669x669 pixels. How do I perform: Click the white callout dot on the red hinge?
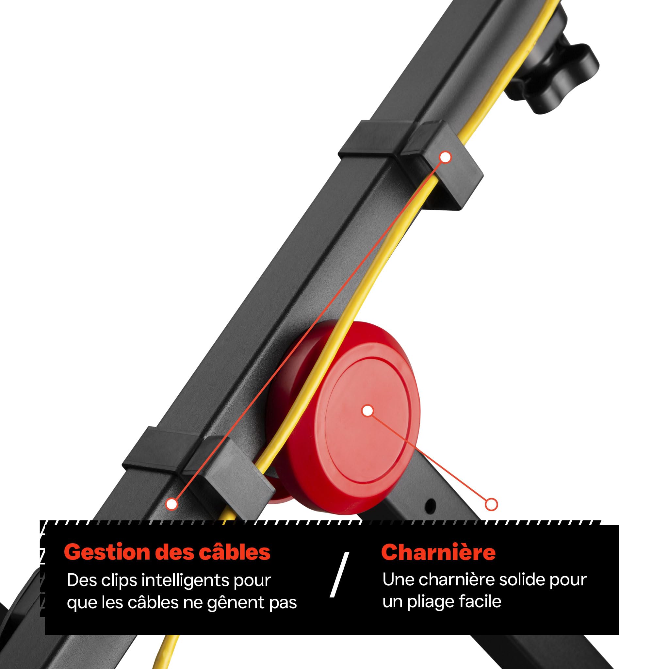(x=367, y=411)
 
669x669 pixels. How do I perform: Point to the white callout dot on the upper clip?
(x=446, y=157)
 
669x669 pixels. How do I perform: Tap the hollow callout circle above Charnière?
(x=491, y=504)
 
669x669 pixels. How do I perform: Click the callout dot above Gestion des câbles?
(x=171, y=504)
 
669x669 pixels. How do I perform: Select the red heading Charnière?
(x=438, y=552)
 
